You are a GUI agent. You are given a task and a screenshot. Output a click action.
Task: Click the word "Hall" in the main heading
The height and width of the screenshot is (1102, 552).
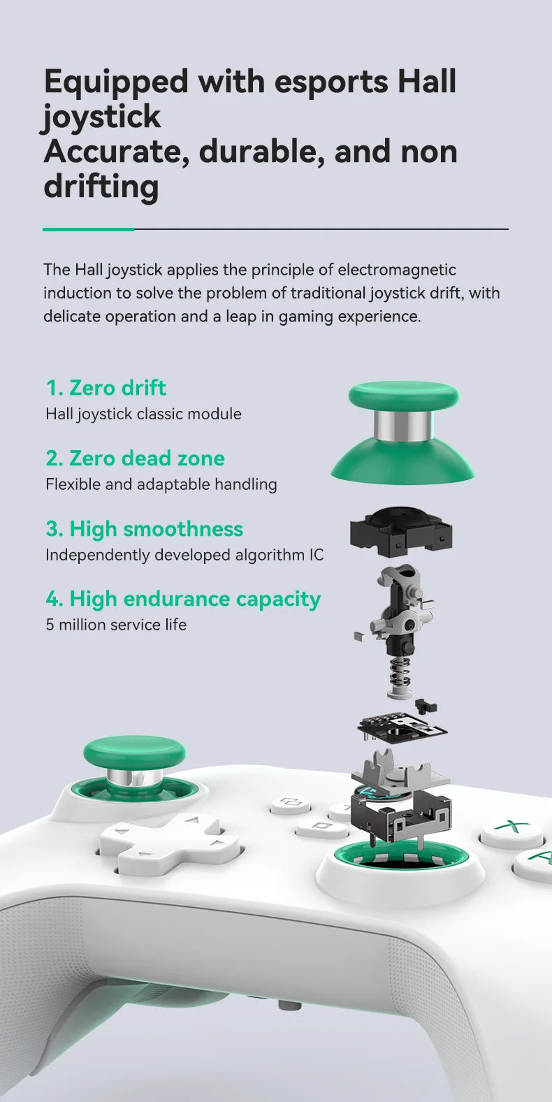tap(427, 81)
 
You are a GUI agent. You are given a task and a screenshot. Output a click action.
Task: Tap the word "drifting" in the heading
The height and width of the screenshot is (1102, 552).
tap(101, 187)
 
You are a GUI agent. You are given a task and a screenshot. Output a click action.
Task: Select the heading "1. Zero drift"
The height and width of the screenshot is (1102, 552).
tap(106, 388)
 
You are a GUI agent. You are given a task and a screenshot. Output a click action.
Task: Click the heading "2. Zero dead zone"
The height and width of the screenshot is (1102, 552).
tap(136, 458)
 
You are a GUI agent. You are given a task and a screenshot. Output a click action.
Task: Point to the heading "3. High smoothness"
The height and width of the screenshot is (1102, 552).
tap(144, 529)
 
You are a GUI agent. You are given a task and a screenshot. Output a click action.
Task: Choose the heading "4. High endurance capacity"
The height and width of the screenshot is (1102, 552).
tap(183, 599)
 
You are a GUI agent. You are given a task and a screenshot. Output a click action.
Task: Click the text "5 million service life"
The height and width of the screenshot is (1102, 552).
tap(116, 625)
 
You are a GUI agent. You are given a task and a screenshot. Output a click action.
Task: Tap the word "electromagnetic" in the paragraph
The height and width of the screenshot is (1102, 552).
tap(397, 270)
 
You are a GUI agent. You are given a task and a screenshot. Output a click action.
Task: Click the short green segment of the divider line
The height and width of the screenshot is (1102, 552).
tap(89, 229)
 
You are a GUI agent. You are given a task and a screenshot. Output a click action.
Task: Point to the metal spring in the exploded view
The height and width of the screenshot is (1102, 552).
tap(400, 672)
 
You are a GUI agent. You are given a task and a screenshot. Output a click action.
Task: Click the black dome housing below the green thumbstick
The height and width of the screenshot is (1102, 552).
tap(401, 532)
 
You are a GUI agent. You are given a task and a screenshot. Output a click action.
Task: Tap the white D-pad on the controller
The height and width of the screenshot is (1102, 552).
tap(169, 842)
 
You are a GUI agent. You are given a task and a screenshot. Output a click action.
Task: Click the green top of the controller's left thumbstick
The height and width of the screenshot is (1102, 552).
tap(135, 753)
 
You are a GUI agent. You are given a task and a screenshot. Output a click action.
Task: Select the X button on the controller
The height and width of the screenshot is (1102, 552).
tap(511, 827)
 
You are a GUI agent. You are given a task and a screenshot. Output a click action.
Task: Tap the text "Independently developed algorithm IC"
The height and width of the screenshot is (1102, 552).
tap(184, 555)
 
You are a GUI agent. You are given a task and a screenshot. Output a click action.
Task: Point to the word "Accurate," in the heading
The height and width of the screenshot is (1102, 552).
tap(117, 152)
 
